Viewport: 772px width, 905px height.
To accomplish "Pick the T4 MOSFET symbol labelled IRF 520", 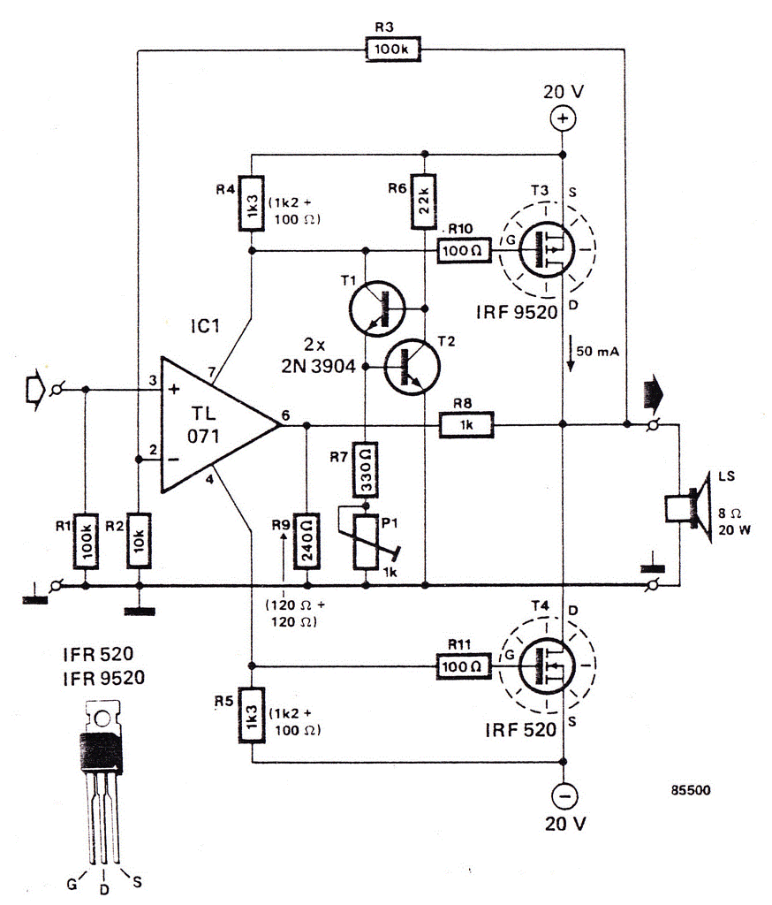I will click(545, 665).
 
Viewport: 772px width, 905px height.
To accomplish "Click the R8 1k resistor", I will click(466, 426).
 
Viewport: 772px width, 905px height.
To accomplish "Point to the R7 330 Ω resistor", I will click(365, 469).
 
